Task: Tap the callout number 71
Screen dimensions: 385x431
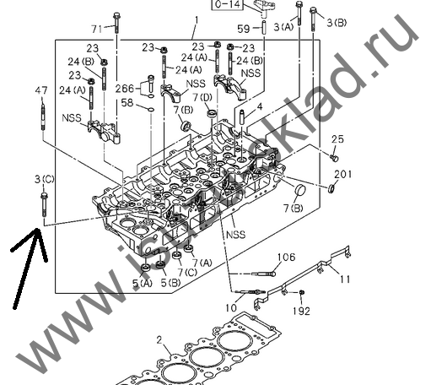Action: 96,29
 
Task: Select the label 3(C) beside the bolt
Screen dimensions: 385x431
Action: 44,179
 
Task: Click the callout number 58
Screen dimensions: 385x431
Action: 127,102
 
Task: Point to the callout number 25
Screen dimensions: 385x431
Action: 337,138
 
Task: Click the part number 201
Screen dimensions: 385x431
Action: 342,175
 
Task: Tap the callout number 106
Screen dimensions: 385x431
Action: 286,257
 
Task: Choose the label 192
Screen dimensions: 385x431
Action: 302,311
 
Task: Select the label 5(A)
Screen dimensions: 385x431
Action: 141,284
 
